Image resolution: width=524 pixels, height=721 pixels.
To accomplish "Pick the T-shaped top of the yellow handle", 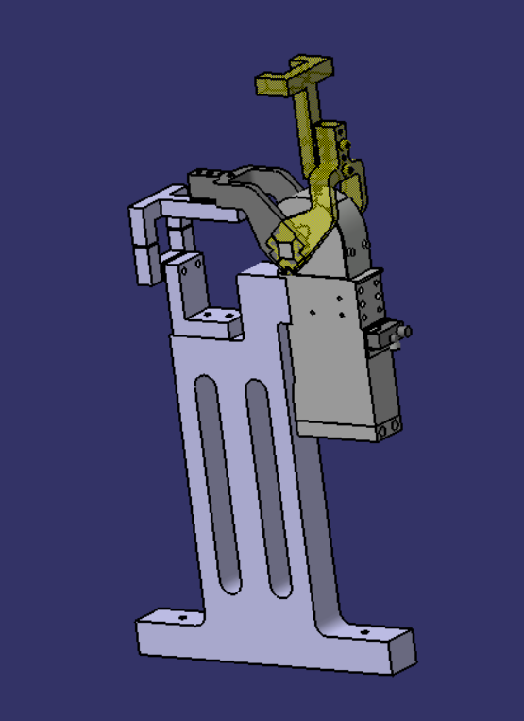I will coord(296,76).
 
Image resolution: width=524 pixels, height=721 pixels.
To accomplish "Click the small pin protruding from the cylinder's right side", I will coord(405,332).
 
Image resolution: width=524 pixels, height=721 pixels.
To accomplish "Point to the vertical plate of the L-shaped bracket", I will coord(189,283).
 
